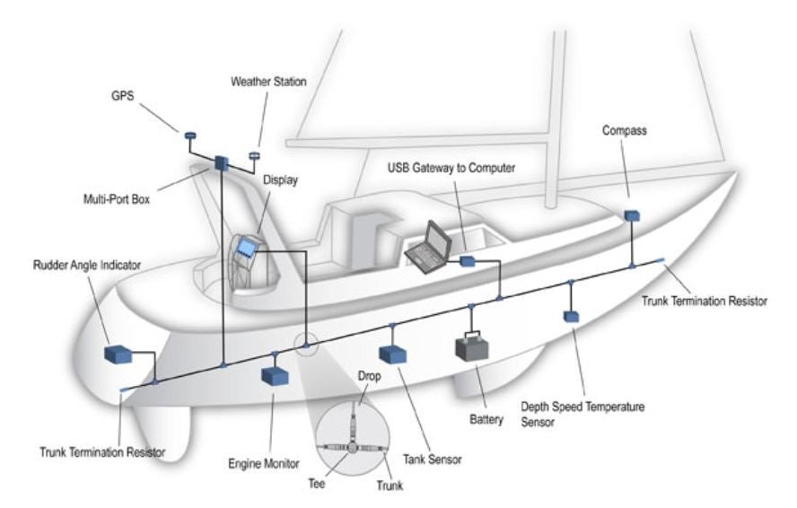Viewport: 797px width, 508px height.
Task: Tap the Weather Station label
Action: coord(268,82)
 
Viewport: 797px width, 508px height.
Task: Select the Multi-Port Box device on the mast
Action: coord(222,162)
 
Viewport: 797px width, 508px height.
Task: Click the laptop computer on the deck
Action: coord(427,247)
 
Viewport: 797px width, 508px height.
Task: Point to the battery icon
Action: coord(475,347)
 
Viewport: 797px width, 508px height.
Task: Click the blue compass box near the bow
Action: coord(632,216)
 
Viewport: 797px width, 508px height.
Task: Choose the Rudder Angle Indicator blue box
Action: coord(118,354)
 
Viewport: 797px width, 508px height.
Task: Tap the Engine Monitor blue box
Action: coord(273,375)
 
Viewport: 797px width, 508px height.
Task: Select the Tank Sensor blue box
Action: coord(393,354)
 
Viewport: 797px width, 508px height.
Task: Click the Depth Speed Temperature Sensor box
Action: coord(570,317)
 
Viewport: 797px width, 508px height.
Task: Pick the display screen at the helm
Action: coord(246,249)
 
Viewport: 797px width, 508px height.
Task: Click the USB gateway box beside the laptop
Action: coord(467,261)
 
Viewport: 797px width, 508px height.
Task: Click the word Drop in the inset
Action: coord(370,377)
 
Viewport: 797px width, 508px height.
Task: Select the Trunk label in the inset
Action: coord(390,486)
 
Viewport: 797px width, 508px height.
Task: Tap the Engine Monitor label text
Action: coord(263,465)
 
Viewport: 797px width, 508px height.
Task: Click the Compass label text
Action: coord(626,130)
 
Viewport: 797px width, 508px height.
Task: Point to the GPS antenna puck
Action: coord(190,136)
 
